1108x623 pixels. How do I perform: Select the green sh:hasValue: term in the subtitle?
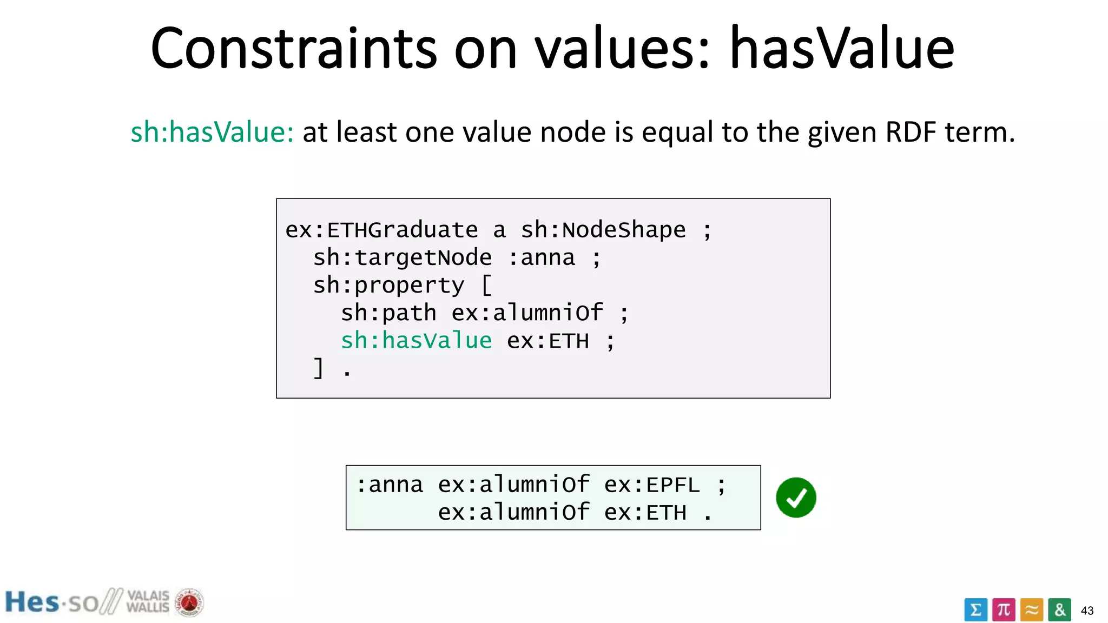[212, 132]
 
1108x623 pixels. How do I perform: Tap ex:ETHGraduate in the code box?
[381, 230]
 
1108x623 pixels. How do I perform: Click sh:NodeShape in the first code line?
[603, 230]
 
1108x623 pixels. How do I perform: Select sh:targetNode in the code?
[403, 258]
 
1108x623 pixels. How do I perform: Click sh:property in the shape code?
[388, 286]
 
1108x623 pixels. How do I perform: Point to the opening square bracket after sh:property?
[486, 286]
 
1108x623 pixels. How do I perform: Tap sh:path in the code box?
[388, 313]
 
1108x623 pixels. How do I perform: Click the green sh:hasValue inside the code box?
[416, 341]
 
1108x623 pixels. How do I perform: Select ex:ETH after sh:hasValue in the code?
[548, 341]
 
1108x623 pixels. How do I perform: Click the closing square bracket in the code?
[319, 368]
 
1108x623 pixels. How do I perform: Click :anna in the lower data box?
[389, 485]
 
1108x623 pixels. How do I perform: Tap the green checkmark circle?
[796, 498]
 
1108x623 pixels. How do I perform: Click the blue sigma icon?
[975, 610]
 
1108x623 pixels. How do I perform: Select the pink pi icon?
[1004, 610]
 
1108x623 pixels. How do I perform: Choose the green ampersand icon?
[1059, 610]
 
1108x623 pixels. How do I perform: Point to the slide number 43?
[1087, 611]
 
